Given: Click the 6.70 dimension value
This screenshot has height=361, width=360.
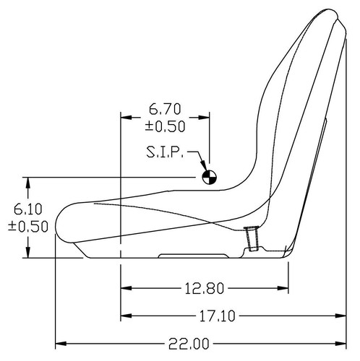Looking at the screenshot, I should coord(165,110).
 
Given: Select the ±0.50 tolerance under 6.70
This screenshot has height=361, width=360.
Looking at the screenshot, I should coord(165,126).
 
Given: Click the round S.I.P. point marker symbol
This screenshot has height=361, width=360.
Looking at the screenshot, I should coord(208,175).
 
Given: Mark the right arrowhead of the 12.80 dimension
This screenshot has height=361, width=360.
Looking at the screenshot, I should coord(286,289).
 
